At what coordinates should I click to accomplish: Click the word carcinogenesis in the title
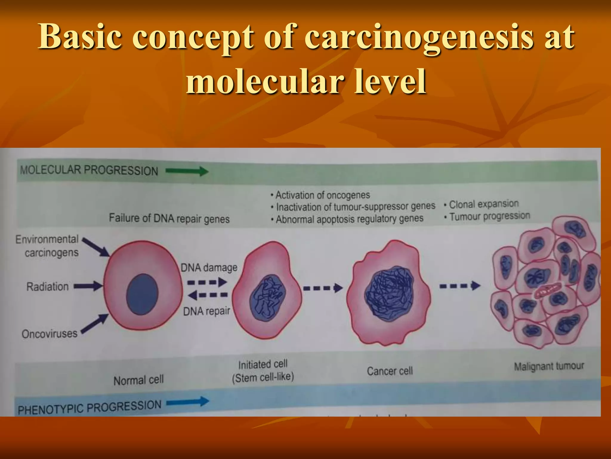coord(419,37)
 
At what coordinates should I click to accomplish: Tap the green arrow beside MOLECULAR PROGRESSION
coord(187,171)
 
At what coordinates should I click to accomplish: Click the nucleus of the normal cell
coord(142,294)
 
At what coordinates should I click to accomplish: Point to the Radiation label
coord(48,287)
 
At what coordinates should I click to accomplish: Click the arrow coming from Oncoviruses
coord(95,324)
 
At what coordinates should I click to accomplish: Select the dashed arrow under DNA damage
coord(207,282)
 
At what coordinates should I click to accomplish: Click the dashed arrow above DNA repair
coord(208,295)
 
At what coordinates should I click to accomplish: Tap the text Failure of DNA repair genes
coord(169,218)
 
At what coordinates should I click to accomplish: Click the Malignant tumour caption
coord(549,366)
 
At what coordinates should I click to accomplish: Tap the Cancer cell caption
coord(390,371)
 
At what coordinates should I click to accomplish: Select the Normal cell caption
coord(138,380)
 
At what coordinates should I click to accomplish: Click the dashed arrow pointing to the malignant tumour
coord(460,286)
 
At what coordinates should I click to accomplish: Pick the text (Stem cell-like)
coord(263,377)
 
